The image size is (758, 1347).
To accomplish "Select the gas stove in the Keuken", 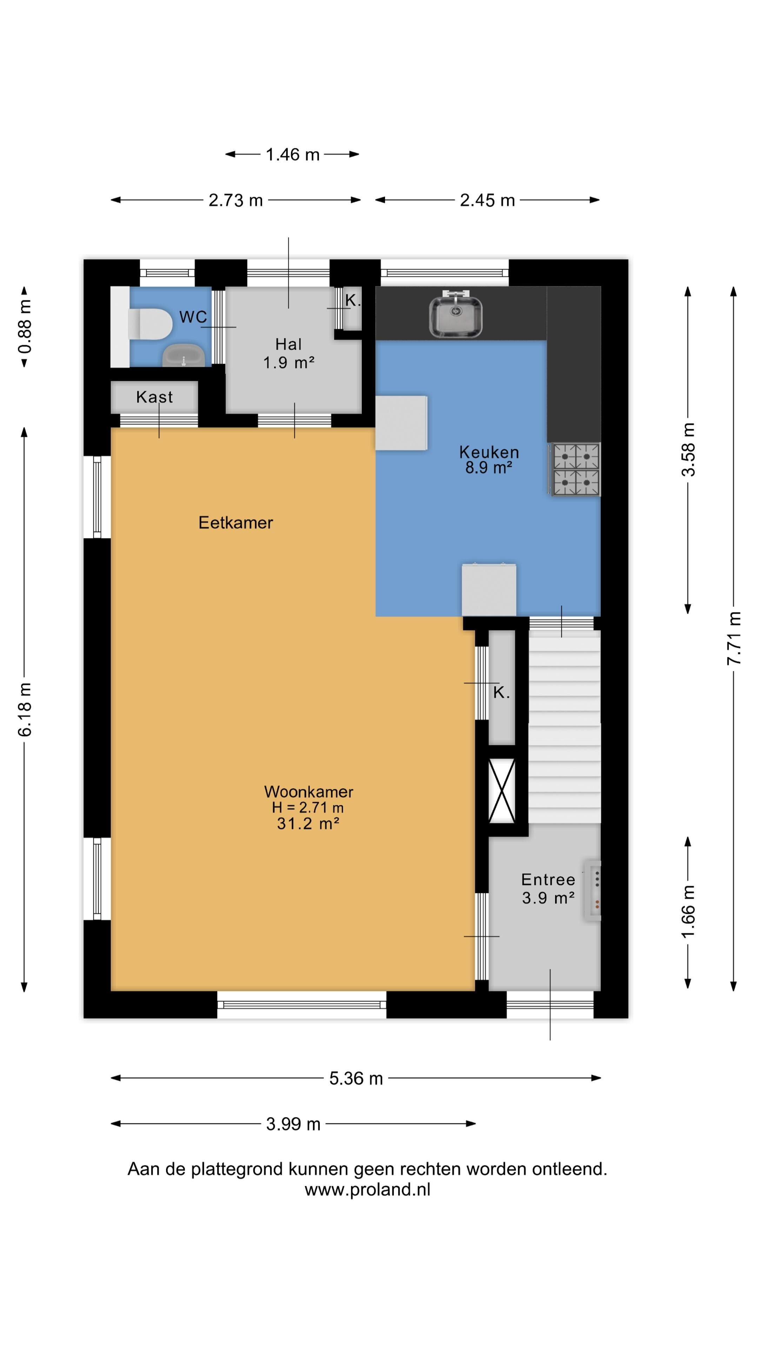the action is tap(575, 469).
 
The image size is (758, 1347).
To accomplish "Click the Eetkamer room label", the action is tap(235, 522).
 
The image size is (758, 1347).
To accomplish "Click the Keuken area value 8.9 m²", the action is tap(488, 468).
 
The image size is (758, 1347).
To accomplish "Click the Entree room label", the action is tap(548, 879).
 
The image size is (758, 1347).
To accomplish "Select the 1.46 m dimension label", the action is tap(292, 154).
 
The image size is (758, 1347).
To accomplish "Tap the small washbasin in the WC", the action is tap(183, 356).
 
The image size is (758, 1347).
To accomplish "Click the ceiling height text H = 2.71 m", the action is tap(308, 807).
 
